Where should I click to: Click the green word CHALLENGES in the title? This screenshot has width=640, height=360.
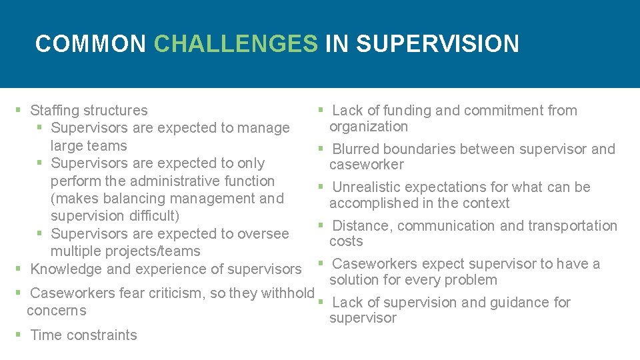(x=236, y=44)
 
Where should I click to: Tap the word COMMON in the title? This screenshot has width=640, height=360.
(x=90, y=44)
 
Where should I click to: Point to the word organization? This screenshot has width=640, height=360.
(x=369, y=126)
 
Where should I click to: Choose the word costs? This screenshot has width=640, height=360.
(x=346, y=241)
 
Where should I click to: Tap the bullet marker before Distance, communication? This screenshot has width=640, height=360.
(x=320, y=225)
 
